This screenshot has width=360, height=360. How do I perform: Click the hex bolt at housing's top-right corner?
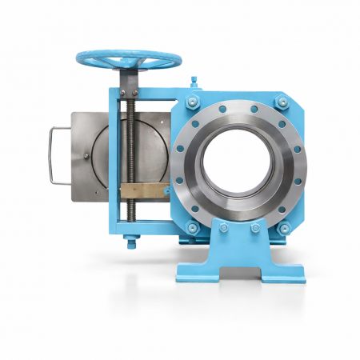tap(281, 101)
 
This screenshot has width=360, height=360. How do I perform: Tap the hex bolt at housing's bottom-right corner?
tap(282, 230)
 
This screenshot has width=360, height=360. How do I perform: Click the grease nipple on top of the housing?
tap(193, 80)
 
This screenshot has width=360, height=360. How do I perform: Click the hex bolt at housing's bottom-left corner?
tap(192, 229)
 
